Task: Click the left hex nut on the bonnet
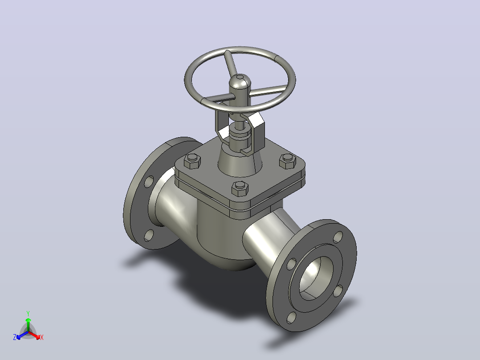[192, 161]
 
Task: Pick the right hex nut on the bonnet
[288, 161]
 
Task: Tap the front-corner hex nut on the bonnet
[240, 188]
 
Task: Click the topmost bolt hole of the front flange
[338, 237]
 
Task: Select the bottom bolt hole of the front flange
[291, 318]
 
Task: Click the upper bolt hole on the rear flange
[149, 181]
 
